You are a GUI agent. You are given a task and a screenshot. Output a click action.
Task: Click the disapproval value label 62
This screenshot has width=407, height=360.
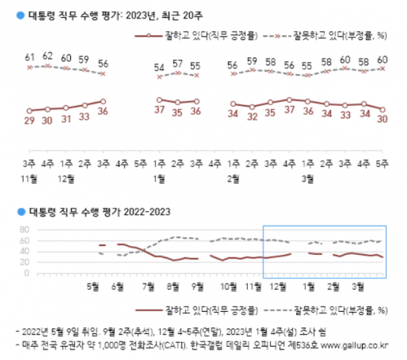pyautogui.click(x=47, y=55)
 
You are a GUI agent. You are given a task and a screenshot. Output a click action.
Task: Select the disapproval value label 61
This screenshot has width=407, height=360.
pyautogui.click(x=30, y=56)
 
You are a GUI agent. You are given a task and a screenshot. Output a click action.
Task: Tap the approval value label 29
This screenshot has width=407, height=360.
pyautogui.click(x=30, y=121)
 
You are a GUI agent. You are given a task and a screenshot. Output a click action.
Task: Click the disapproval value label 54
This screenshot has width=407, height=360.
pyautogui.click(x=158, y=68)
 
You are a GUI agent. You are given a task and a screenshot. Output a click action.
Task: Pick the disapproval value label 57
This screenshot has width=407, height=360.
pyautogui.click(x=177, y=64)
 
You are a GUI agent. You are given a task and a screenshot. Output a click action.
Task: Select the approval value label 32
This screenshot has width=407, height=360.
pyautogui.click(x=252, y=116)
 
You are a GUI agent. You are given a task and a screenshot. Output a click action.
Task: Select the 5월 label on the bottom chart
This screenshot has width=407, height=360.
pyautogui.click(x=93, y=285)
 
